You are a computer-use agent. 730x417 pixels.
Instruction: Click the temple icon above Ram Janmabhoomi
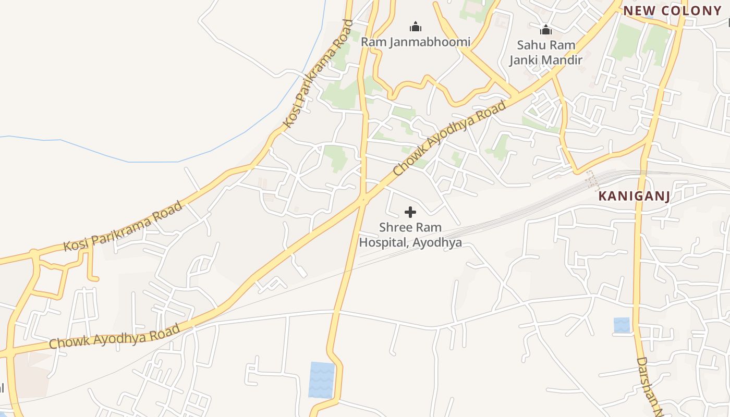[x=416, y=27]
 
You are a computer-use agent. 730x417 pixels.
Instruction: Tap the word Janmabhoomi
[x=426, y=42]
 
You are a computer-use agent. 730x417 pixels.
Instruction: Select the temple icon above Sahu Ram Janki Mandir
[x=546, y=30]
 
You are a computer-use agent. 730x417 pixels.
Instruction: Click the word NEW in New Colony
[x=639, y=10]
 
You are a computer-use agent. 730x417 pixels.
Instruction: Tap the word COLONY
[x=691, y=10]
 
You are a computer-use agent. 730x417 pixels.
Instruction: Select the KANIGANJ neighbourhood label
[x=634, y=197]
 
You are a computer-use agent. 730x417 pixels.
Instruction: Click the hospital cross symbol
[x=410, y=212]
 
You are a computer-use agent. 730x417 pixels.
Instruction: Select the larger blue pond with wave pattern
[x=321, y=379]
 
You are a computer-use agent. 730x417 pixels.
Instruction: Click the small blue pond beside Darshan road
[x=622, y=325]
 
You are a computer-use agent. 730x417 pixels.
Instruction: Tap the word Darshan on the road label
[x=647, y=383]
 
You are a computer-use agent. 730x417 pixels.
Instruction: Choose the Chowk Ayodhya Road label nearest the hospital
[x=449, y=138]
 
